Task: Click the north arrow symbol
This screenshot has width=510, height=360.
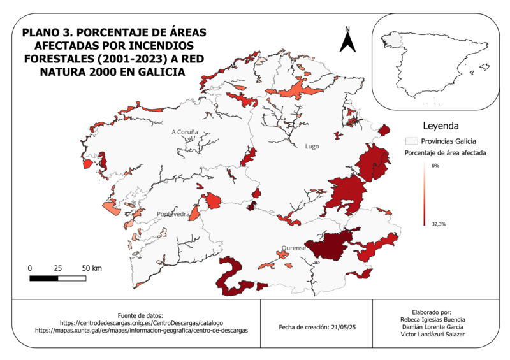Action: coord(347,43)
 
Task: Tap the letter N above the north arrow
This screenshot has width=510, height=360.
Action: coord(347,29)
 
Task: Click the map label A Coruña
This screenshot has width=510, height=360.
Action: coord(185,132)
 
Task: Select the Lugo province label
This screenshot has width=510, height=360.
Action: coord(312,146)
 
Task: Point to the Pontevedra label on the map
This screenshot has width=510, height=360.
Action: coord(173,214)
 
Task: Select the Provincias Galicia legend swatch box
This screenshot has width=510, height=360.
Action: coord(411,141)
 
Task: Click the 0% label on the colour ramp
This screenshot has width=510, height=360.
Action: coord(435,166)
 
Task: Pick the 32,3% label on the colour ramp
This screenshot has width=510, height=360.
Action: coord(439,224)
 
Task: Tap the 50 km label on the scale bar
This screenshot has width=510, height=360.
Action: coord(92,268)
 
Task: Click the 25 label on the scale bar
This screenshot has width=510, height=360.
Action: coord(58,268)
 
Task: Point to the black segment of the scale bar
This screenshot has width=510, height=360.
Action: coord(44,278)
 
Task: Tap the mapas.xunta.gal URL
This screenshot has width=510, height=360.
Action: coord(141,331)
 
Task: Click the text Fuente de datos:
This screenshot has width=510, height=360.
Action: coord(141,315)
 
